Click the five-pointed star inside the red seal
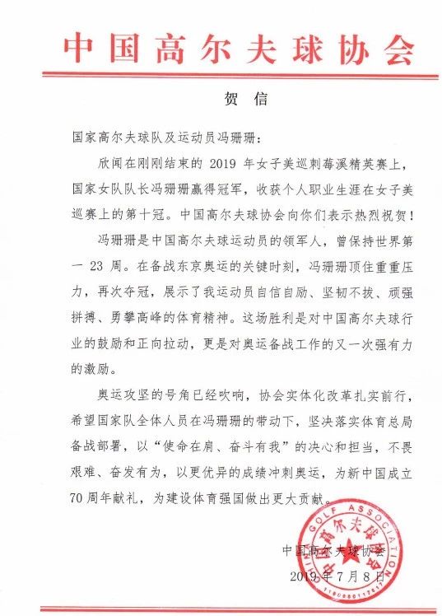pos(352,548)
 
